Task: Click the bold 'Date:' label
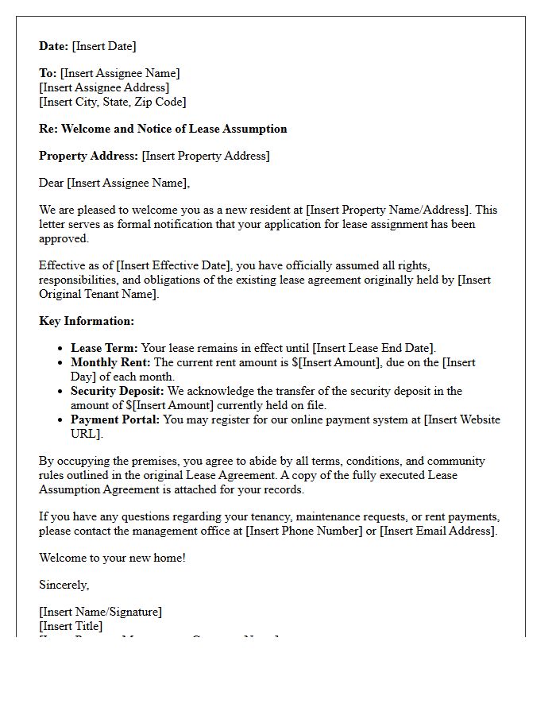[54, 46]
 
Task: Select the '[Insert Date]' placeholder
[104, 46]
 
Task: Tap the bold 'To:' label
[48, 73]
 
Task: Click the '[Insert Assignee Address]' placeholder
[104, 87]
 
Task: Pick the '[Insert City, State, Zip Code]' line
[113, 102]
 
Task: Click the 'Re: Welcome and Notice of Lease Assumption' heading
[163, 129]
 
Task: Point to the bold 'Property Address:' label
[89, 156]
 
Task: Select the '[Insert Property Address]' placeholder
[206, 156]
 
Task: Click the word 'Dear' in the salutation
[52, 183]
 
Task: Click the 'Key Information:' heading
[87, 321]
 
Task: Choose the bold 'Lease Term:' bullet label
[104, 348]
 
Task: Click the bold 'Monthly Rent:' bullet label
[110, 362]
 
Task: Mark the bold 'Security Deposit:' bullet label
[118, 391]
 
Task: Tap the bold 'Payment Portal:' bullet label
[115, 419]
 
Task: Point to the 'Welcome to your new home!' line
[112, 558]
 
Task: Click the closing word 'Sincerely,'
[64, 585]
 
